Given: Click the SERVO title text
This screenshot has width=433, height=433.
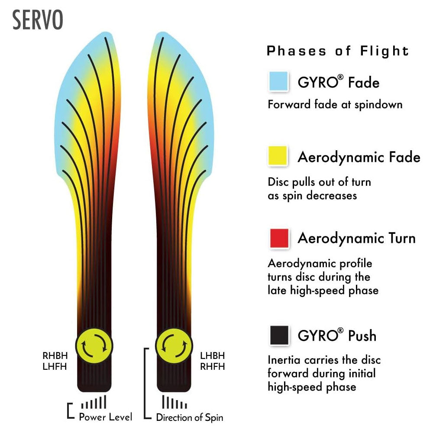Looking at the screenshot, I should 38,20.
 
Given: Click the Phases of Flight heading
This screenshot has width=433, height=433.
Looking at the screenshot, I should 338,51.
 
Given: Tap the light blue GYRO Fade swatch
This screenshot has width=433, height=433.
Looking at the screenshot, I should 278,81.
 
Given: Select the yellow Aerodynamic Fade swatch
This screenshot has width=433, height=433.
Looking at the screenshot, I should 278,156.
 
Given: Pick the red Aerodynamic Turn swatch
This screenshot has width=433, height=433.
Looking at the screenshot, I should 279,238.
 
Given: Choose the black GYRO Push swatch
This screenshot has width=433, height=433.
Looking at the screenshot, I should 279,336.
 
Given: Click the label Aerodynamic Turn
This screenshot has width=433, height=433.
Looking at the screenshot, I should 356,238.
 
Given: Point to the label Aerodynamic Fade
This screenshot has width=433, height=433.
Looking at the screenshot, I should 359,157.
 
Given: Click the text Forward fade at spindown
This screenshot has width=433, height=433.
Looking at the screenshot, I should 335,104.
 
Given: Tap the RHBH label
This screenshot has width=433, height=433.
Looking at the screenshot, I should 55,356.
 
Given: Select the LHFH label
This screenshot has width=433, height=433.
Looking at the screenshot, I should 55,367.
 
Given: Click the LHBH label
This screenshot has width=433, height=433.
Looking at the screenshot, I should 213,356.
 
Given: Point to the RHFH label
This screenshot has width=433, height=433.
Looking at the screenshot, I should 213,367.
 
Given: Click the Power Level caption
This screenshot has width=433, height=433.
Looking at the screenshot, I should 105,417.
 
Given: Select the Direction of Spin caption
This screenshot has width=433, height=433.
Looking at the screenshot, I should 190,418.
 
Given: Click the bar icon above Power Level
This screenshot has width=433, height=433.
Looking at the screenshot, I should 94,403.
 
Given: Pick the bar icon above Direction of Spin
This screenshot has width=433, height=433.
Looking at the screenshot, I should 174,403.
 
